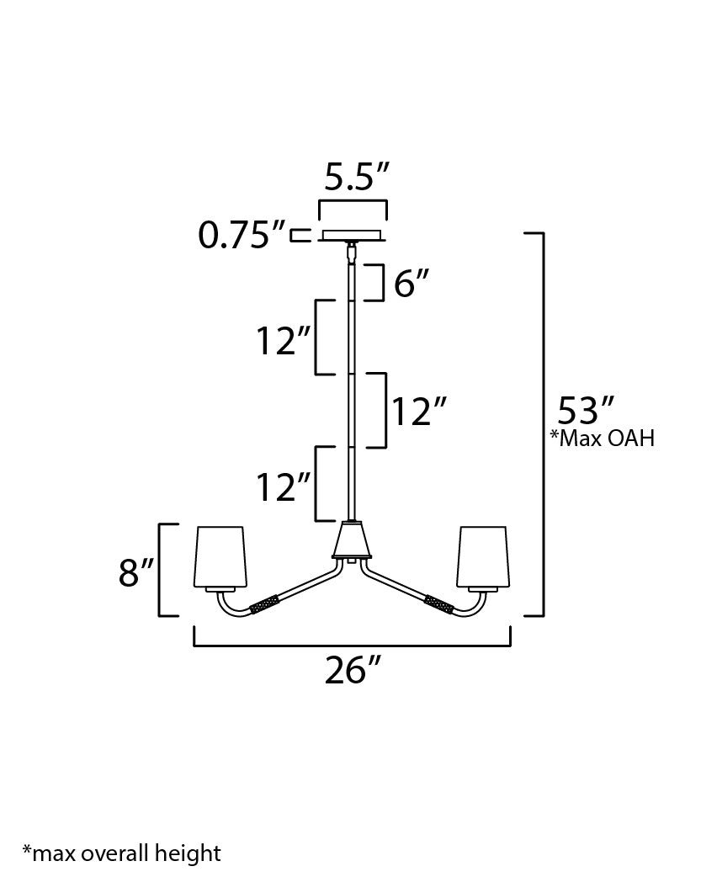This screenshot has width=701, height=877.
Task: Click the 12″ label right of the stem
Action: click(417, 412)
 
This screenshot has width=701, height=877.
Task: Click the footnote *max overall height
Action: click(121, 853)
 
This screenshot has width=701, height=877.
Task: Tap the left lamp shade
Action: click(221, 556)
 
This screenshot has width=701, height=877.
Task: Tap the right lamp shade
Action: click(482, 556)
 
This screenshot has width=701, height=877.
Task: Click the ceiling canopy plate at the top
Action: click(352, 235)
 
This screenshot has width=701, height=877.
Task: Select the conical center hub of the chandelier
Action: click(352, 540)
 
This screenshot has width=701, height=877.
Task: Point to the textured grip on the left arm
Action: click(265, 603)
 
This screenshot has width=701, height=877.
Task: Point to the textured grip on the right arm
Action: click(438, 603)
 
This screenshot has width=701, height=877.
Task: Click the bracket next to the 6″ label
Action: click(380, 282)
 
